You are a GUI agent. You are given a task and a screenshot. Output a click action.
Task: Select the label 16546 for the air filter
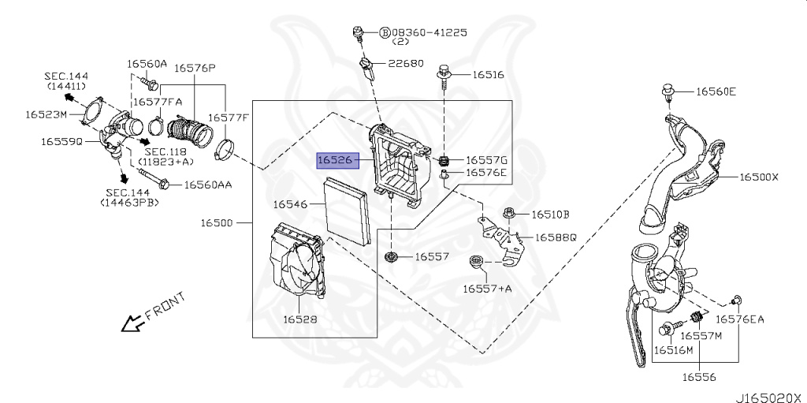[290, 204]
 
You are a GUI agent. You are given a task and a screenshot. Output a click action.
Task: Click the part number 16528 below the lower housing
[300, 319]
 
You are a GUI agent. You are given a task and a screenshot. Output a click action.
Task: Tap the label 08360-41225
[429, 32]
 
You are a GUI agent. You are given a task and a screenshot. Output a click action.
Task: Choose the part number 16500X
[758, 177]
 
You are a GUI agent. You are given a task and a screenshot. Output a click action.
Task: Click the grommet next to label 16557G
[444, 162]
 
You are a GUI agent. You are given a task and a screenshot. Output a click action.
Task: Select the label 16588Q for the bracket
[556, 237]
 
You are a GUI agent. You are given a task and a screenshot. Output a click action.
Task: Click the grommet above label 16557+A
[477, 262]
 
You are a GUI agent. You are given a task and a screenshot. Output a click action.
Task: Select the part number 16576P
[195, 68]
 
